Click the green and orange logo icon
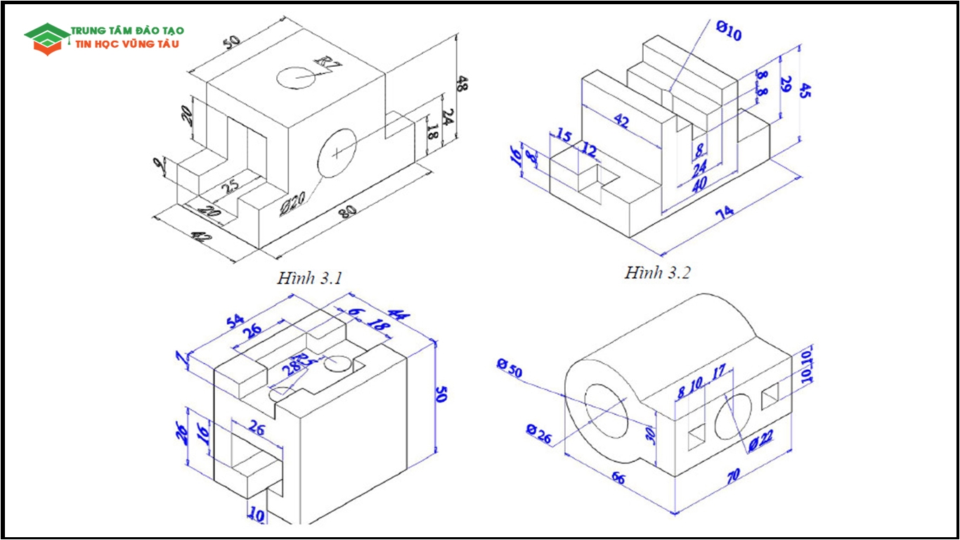[x=46, y=39]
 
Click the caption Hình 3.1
[x=309, y=278]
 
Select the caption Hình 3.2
[x=657, y=272]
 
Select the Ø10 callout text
[x=728, y=30]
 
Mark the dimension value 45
[x=805, y=91]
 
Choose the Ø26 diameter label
[x=539, y=435]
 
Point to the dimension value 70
[x=733, y=477]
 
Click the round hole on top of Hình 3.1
[x=295, y=77]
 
